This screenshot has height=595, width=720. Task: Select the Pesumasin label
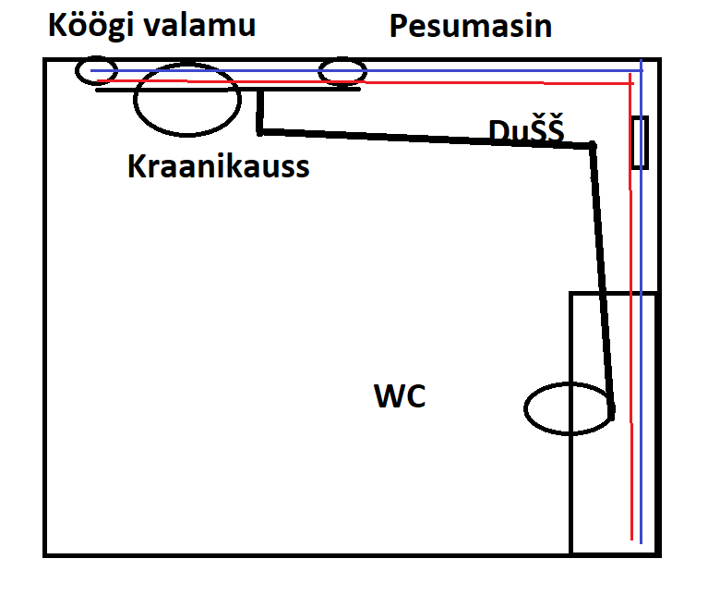click(471, 26)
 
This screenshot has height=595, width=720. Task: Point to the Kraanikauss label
click(218, 167)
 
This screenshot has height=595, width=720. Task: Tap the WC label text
click(400, 397)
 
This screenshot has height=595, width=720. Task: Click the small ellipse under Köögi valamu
click(97, 70)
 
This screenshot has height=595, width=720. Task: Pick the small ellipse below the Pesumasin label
click(342, 71)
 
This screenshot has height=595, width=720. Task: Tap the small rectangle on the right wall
click(640, 142)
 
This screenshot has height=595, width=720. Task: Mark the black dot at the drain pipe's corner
click(593, 146)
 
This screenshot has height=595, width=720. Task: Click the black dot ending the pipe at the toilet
click(611, 415)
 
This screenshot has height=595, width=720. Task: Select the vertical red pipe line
click(630, 370)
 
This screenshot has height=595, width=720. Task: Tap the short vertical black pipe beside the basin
click(260, 109)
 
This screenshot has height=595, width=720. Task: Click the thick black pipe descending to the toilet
click(602, 277)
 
